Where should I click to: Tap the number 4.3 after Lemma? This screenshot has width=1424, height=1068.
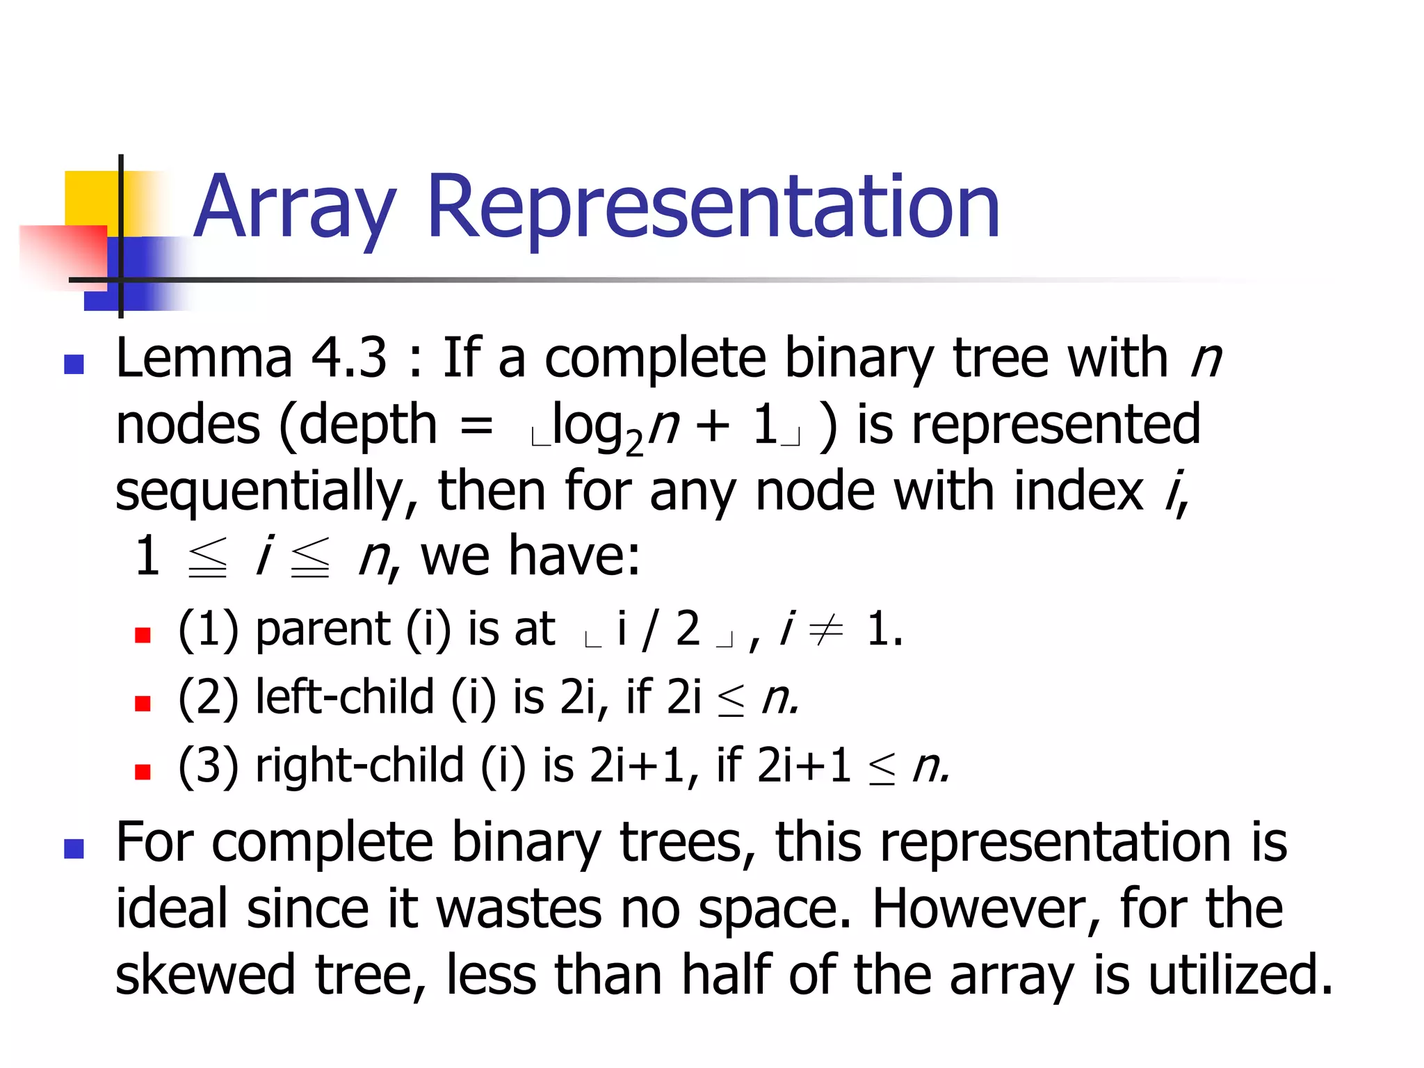click(348, 358)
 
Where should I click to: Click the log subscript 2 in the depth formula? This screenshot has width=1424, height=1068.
click(633, 443)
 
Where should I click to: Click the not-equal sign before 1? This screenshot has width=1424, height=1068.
click(826, 630)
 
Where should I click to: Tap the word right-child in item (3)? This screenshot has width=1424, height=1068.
click(359, 766)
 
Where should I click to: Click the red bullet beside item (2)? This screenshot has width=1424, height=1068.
click(143, 704)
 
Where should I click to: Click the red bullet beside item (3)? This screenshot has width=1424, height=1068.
click(143, 772)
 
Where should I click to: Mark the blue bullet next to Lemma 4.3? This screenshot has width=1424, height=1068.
click(74, 364)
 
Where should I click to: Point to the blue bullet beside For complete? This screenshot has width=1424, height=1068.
click(74, 848)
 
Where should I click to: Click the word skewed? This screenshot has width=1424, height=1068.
click(205, 976)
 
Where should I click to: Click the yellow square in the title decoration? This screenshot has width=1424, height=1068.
click(90, 198)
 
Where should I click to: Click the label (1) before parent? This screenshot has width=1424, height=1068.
click(208, 630)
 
